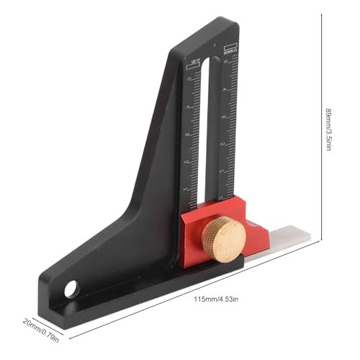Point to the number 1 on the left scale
[x=186, y=188]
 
